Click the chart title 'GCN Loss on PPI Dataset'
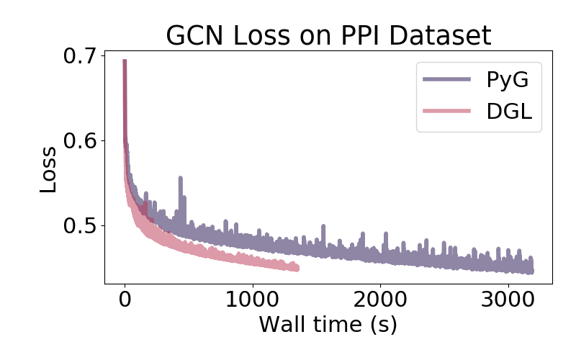[328, 35]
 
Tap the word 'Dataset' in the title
[444, 35]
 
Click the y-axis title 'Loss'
[48, 170]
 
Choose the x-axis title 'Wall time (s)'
[328, 324]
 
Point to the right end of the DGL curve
[297, 269]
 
